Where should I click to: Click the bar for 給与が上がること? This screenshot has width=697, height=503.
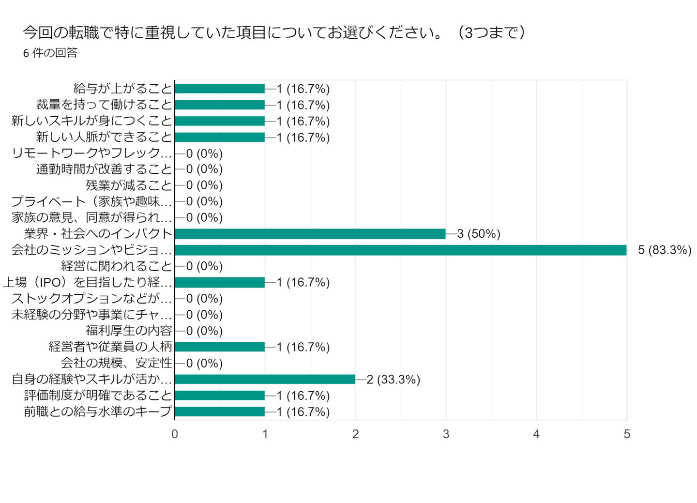220,89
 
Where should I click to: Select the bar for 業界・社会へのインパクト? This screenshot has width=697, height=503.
310,234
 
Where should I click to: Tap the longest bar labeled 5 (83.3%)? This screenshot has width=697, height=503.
400,250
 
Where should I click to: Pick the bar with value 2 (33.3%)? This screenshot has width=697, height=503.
265,379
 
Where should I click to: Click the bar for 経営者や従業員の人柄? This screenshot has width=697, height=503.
220,347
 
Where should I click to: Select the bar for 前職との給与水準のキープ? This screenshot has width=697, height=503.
220,412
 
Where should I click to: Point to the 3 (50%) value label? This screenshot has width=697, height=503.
479,234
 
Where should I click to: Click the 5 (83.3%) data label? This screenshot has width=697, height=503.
664,250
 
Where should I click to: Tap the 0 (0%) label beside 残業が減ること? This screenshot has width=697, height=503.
204,185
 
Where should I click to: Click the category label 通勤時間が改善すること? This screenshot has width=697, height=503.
104,169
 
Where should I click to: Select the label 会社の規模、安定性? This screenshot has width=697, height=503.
117,363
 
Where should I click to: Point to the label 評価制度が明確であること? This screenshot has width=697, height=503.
98,395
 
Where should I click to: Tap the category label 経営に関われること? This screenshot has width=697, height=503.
117,266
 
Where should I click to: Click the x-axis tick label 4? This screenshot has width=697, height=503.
536,434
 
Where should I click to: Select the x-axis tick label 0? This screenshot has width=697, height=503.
175,434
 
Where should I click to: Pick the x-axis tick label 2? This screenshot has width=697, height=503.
356,434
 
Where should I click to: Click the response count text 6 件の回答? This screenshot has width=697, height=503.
50,53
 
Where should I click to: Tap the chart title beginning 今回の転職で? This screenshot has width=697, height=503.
274,32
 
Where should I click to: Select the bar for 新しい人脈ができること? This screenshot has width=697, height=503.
220,137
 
